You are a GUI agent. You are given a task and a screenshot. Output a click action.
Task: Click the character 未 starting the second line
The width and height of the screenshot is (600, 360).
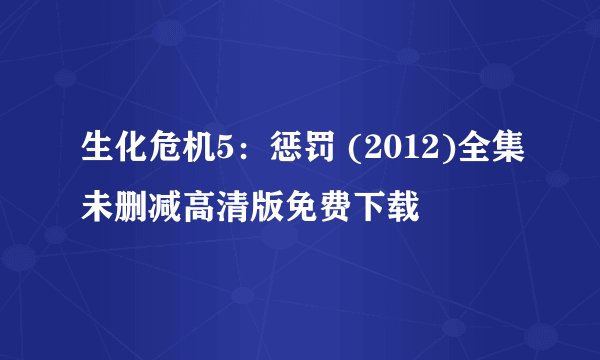coord(96,208)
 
